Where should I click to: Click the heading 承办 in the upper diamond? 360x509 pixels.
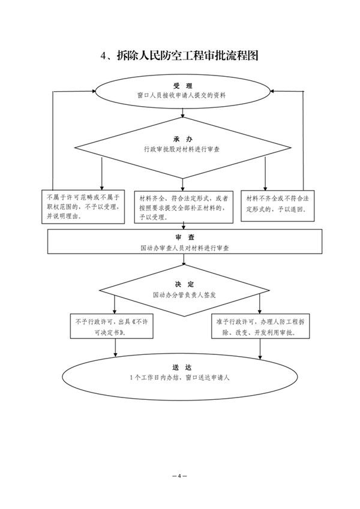(x=182, y=139)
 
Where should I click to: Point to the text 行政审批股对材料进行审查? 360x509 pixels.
(x=182, y=149)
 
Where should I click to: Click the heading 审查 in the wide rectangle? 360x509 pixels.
(x=182, y=238)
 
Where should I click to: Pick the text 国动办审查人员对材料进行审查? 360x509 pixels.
(x=182, y=248)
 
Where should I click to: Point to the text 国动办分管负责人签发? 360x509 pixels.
(x=182, y=295)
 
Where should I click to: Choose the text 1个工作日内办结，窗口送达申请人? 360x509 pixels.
(x=182, y=378)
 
